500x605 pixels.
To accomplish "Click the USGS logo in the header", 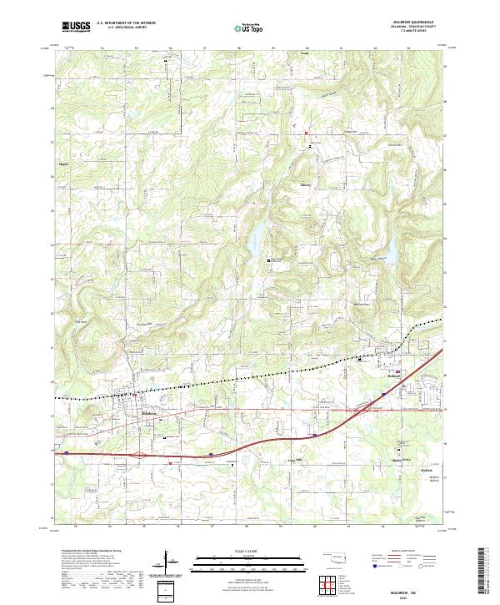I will [x=77, y=27].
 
